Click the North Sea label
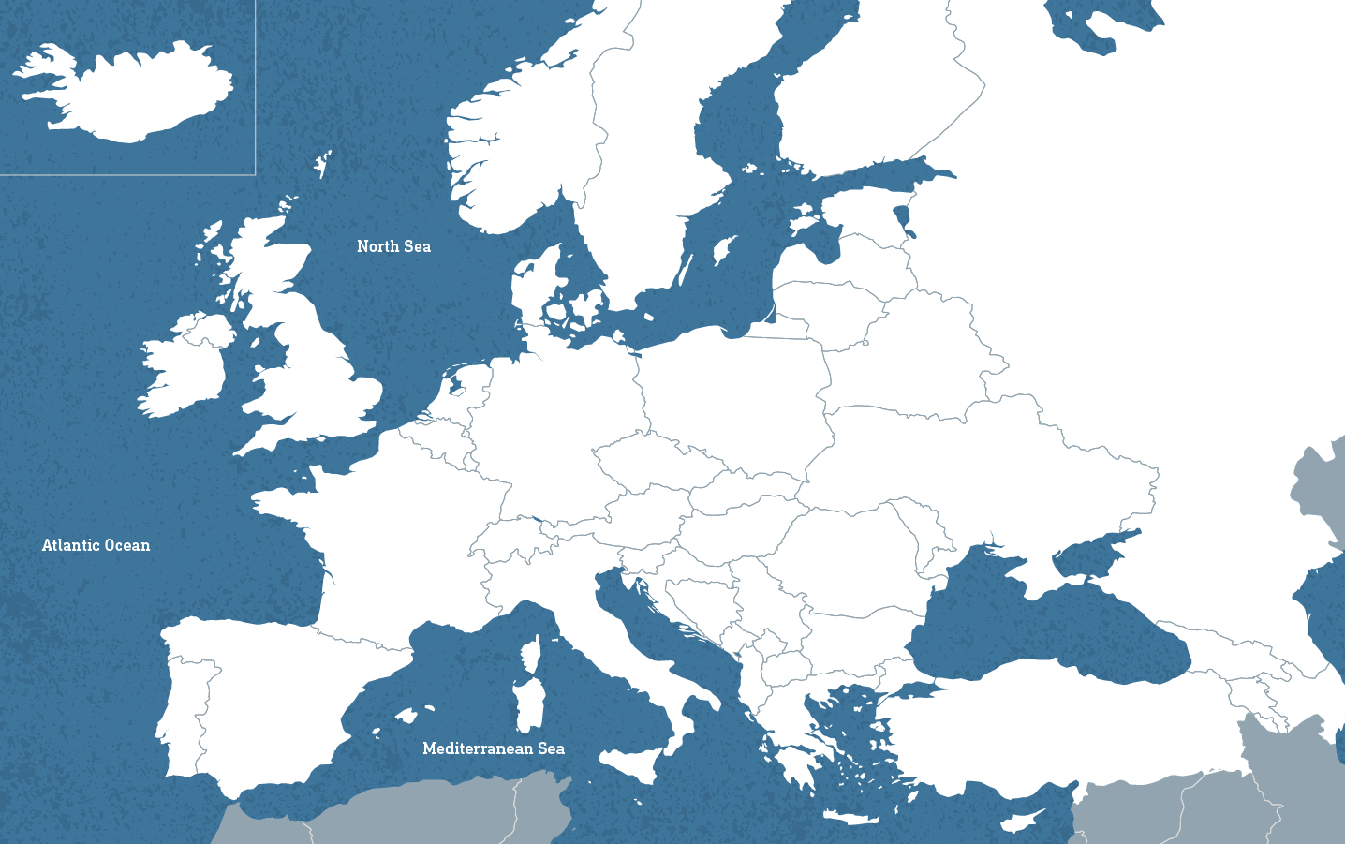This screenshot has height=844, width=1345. point(393,246)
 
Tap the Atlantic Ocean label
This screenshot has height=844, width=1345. point(96,545)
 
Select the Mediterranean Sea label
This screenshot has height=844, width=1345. point(493,748)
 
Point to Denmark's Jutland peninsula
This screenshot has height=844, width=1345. point(539,286)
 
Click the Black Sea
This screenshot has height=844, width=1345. point(1040,628)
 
